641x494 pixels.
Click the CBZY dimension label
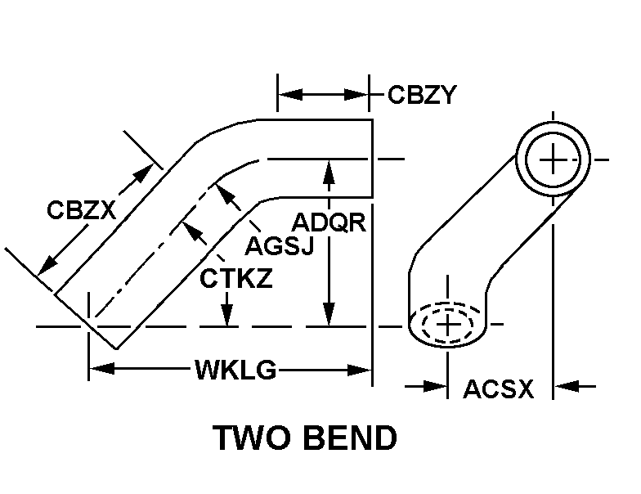click(421, 95)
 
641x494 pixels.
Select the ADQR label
click(329, 222)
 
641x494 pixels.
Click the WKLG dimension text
click(235, 370)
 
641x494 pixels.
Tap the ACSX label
click(498, 389)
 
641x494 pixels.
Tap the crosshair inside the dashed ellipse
click(448, 325)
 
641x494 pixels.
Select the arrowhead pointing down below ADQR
click(329, 315)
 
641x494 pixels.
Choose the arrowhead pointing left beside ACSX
click(564, 384)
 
